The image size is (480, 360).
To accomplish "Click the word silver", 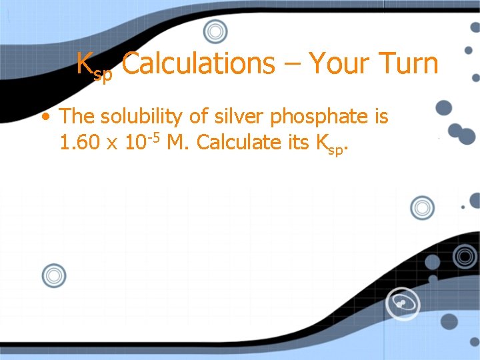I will tap(232, 117).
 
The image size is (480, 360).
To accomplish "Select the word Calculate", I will tap(236, 143).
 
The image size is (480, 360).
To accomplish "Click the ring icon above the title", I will tap(215, 31).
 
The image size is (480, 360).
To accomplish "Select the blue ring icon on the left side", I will tap(54, 275).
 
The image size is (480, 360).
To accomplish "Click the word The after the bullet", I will tap(77, 117).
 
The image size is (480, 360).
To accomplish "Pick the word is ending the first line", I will tap(381, 117).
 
